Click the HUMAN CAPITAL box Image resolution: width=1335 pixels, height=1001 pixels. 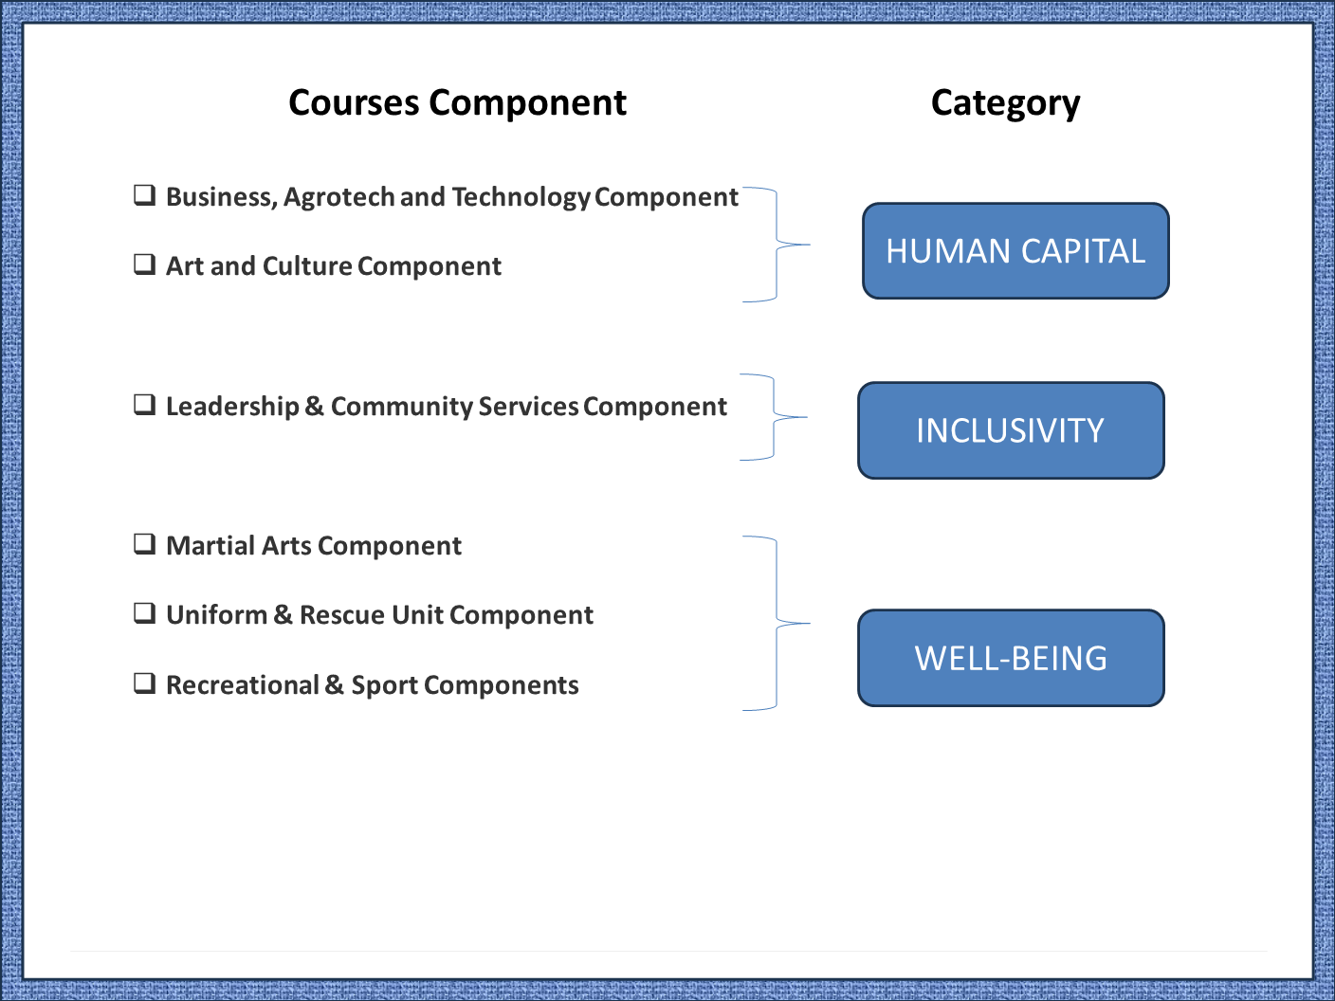(x=1015, y=251)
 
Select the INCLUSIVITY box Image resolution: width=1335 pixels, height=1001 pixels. (x=1011, y=430)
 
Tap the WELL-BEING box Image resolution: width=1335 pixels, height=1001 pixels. (x=1011, y=658)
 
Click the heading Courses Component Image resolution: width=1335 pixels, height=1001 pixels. (x=457, y=102)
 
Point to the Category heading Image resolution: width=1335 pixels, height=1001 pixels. (x=1005, y=103)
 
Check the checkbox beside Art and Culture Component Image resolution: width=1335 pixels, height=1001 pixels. (x=144, y=264)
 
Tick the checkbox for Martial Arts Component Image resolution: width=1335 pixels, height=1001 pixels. (x=144, y=544)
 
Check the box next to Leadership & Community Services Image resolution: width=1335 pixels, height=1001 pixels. (x=144, y=404)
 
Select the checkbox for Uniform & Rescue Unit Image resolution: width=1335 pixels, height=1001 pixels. (x=144, y=613)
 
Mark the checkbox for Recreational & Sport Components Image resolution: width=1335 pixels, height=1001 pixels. (x=144, y=683)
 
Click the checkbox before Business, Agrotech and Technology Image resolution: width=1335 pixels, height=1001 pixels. (x=144, y=195)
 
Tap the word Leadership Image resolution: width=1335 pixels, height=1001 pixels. (x=232, y=407)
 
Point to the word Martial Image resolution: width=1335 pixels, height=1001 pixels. (x=210, y=546)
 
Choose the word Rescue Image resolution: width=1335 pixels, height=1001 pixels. (x=341, y=615)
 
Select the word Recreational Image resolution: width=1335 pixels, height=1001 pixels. (x=243, y=685)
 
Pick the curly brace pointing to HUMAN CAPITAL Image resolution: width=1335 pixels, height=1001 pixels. (x=777, y=245)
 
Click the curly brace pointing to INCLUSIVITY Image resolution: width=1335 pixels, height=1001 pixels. (x=774, y=417)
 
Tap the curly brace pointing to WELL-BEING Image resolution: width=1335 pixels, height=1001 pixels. (x=777, y=623)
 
